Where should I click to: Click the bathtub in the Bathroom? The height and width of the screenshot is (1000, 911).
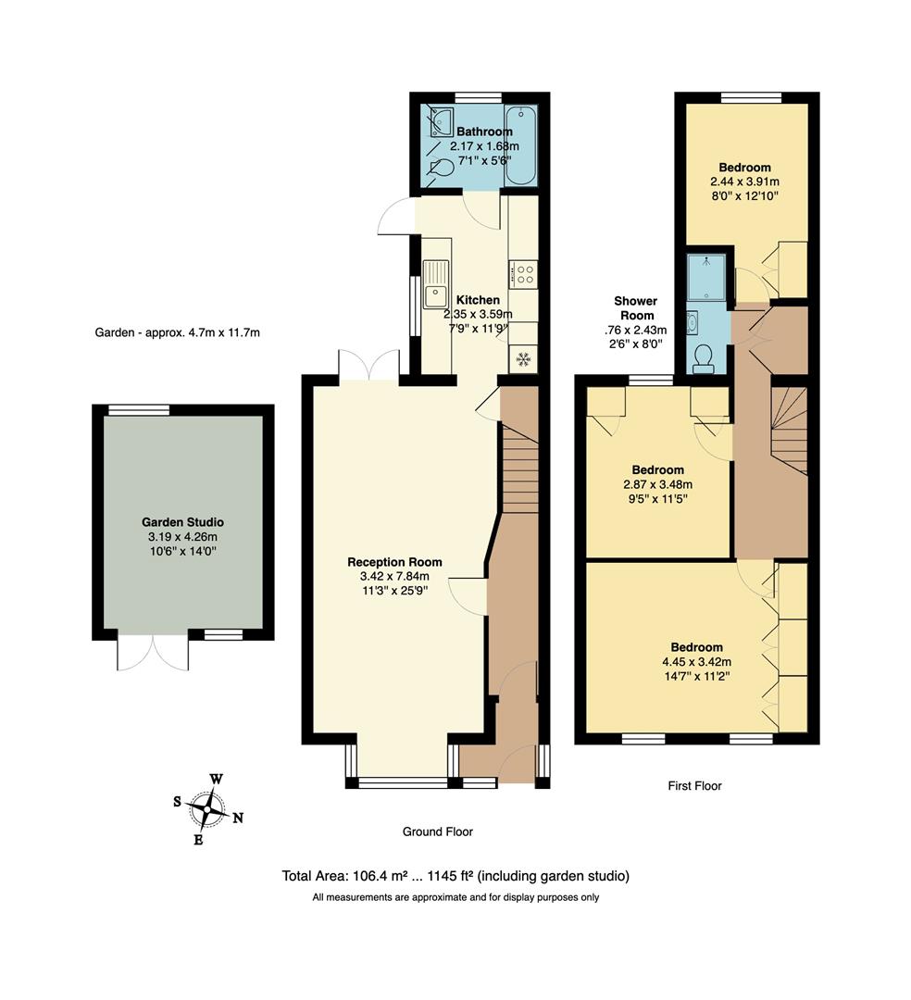point(520,145)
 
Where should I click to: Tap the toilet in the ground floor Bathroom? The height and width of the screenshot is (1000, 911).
point(442,169)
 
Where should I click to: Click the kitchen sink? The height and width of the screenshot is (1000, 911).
point(434,285)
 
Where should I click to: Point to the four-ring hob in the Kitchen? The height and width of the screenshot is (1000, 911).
point(523,274)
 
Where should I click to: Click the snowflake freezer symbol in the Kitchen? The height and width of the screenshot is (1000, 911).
point(523,358)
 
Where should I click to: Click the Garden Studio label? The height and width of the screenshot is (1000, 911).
point(182,522)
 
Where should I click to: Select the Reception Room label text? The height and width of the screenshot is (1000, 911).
point(394,562)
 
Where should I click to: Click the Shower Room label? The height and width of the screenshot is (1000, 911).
point(635,308)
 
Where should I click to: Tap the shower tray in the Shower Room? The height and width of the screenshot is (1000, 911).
point(709,277)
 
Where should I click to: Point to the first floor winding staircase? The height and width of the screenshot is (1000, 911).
point(789,430)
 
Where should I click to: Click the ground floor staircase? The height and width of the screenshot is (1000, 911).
point(519,468)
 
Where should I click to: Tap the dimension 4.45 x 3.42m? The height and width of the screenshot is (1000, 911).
point(696,662)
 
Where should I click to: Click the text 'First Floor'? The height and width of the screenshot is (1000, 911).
point(694,786)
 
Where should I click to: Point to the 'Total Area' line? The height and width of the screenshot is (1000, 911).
point(455,876)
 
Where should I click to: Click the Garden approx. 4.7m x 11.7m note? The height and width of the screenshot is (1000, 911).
point(178,332)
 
